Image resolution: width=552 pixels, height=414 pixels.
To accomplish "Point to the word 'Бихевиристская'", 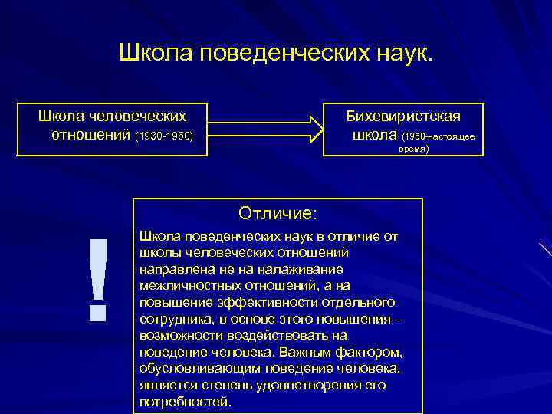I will coord(403,116).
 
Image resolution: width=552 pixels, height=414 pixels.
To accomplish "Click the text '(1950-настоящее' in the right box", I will coord(444,136).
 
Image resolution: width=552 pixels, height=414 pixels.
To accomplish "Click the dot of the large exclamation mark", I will coord(97,311).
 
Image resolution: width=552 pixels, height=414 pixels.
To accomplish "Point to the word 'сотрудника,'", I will coord(177,318).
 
